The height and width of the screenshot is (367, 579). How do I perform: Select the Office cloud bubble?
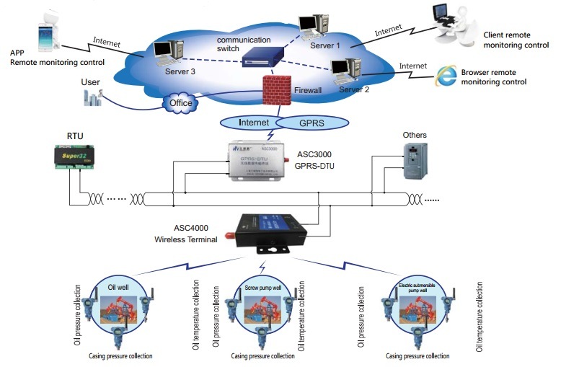pyautogui.click(x=180, y=103)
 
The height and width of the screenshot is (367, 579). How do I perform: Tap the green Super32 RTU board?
pyautogui.click(x=76, y=158)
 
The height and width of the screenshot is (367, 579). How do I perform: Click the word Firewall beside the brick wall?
pyautogui.click(x=309, y=91)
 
